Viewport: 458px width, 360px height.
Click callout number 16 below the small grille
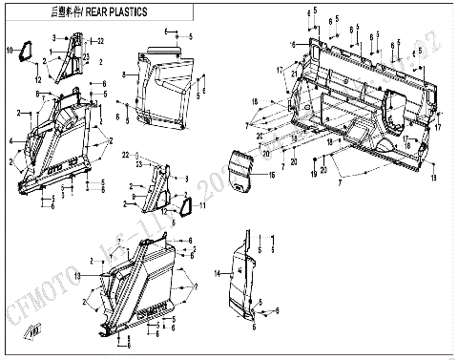(271, 177)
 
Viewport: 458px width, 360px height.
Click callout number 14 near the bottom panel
(217, 275)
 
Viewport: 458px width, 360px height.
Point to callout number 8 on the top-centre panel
(123, 74)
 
